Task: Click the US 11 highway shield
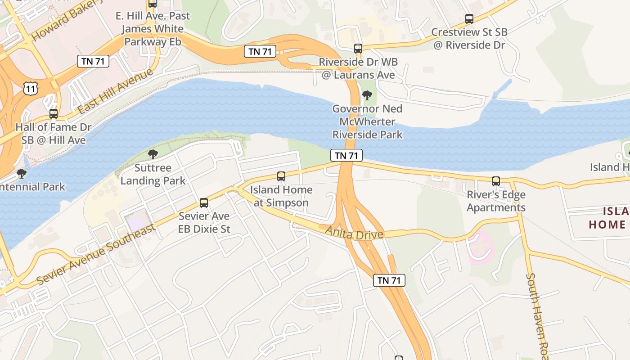click(x=31, y=89)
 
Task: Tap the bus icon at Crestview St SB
click(x=469, y=19)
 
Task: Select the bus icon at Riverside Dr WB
click(x=358, y=49)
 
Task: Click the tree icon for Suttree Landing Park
click(x=153, y=155)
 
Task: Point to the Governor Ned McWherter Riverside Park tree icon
click(x=367, y=95)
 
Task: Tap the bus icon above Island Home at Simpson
click(x=281, y=176)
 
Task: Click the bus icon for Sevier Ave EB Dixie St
click(x=204, y=203)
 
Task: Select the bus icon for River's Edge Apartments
click(x=496, y=181)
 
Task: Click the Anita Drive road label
click(x=354, y=233)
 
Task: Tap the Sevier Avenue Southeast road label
click(x=97, y=254)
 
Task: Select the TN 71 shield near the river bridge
click(x=346, y=156)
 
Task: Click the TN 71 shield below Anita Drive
click(x=389, y=280)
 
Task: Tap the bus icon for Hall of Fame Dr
click(x=54, y=114)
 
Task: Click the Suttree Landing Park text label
click(x=153, y=175)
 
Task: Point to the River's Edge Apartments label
click(x=496, y=201)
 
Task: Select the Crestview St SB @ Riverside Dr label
click(x=469, y=39)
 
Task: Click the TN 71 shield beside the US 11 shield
click(x=93, y=62)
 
